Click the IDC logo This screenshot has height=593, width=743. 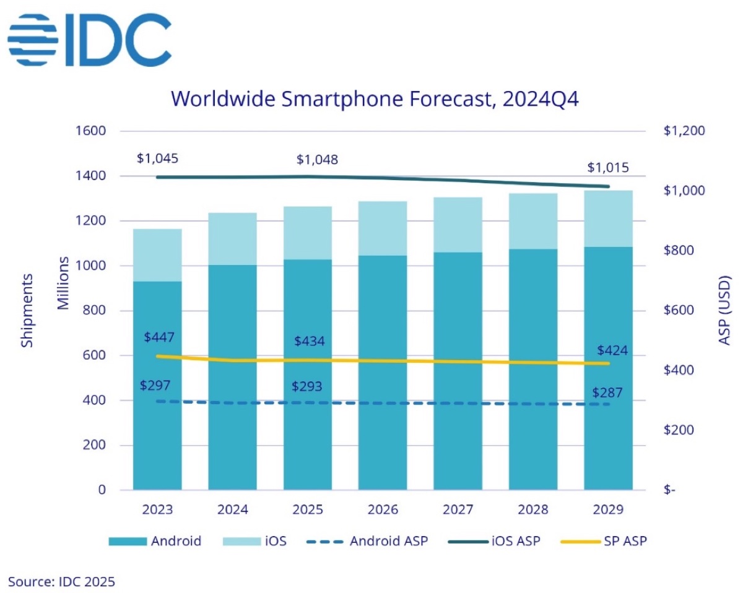click(x=90, y=38)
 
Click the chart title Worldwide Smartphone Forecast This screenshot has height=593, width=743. click(x=375, y=99)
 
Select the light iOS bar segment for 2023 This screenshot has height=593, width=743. click(x=157, y=255)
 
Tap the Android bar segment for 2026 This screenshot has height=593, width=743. click(x=383, y=371)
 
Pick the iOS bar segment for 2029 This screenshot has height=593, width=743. click(x=608, y=219)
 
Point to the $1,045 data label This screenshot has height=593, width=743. click(x=157, y=158)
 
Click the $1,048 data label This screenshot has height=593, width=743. click(x=317, y=160)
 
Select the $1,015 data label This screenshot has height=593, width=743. click(x=607, y=167)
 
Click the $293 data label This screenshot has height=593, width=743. click(x=308, y=387)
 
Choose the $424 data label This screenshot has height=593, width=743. click(x=612, y=351)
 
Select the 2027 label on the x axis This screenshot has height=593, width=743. click(x=458, y=509)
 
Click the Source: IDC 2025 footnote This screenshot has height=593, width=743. click(x=61, y=581)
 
